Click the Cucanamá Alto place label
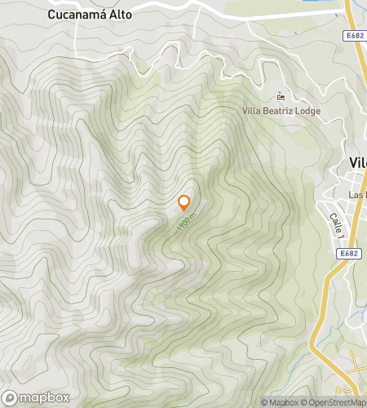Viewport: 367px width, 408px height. [90, 15]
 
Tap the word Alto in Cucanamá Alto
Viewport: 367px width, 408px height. [120, 15]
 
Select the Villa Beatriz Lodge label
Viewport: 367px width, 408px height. [281, 110]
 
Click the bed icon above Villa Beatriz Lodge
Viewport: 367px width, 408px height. [281, 95]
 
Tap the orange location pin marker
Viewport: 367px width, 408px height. [184, 202]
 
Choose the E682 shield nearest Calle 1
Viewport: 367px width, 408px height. [350, 253]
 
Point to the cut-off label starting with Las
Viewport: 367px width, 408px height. [357, 195]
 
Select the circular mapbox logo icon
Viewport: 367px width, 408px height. [11, 399]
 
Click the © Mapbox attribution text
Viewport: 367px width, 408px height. [278, 402]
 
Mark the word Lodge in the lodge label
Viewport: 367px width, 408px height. [306, 110]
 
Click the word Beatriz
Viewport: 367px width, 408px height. [277, 110]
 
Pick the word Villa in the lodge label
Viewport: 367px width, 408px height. [252, 110]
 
